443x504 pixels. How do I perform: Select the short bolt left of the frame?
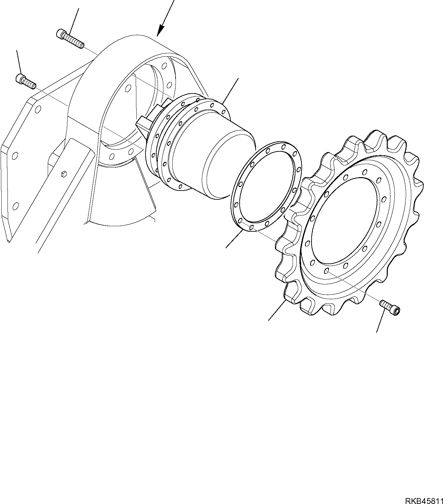(x=26, y=81)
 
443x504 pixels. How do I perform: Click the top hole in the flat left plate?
(x=39, y=109)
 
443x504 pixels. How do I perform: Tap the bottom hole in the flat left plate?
(x=15, y=206)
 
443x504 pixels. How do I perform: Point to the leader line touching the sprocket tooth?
(x=277, y=311)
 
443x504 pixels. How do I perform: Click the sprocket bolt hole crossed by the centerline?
(x=327, y=271)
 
